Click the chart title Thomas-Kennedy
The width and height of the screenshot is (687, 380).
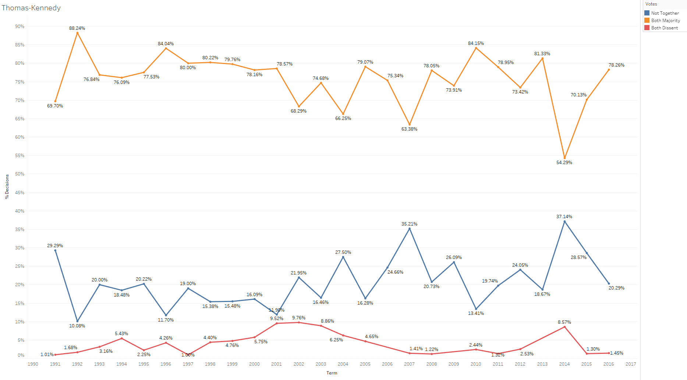coord(31,8)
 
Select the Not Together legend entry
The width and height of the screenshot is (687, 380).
coord(665,13)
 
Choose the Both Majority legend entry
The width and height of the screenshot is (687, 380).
coord(665,21)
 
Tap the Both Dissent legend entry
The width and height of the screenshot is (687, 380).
coord(664,28)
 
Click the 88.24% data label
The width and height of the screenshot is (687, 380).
coord(77,28)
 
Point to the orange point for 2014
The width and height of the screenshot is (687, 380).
coord(564,158)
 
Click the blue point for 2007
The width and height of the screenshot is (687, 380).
coord(410,229)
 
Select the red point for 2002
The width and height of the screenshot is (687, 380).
coord(299,323)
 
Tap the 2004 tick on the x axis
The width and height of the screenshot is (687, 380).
coord(343,364)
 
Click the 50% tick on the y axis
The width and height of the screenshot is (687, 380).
coord(20,174)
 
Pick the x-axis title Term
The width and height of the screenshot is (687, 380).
coord(332,373)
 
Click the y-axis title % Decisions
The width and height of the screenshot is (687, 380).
coord(7,187)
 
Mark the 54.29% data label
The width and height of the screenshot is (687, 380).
coord(564,163)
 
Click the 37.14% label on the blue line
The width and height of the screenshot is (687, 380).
coord(564,217)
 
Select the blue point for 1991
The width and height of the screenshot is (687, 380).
coord(55,251)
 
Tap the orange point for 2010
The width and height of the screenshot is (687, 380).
coord(476,48)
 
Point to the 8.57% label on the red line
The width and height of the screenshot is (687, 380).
coord(564,322)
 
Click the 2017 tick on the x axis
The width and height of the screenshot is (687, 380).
coord(631,364)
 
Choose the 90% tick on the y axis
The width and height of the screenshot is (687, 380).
coord(20,26)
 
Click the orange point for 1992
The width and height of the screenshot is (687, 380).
coord(77,33)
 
